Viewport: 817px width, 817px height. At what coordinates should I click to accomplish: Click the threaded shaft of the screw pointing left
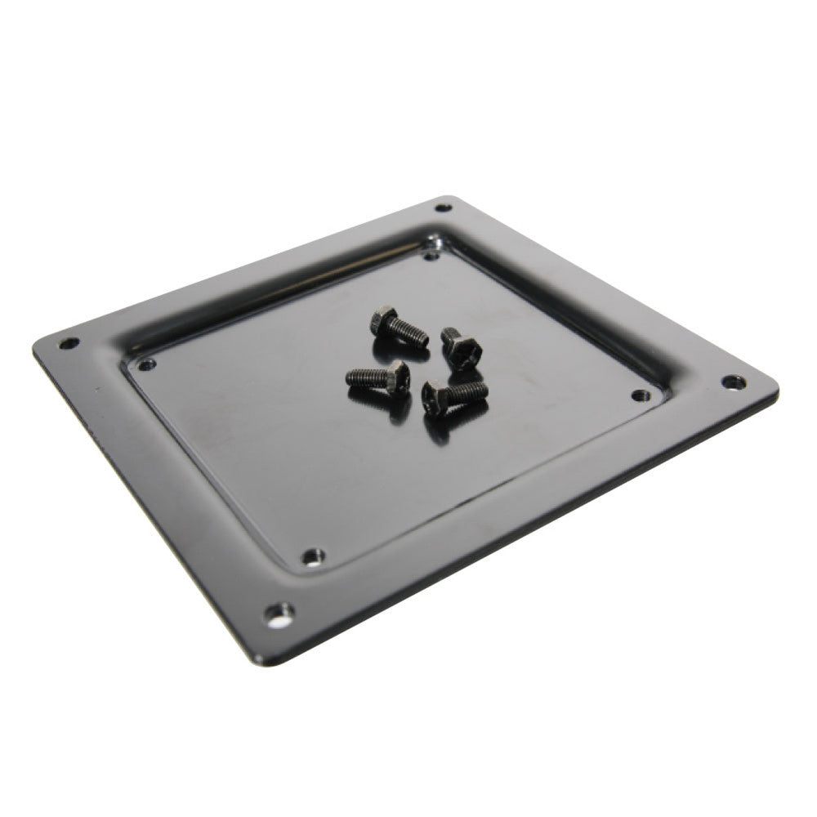[x=365, y=377]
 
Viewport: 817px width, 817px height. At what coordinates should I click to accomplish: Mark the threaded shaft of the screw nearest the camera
[x=470, y=391]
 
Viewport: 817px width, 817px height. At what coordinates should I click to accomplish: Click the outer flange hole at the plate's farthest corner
[x=444, y=208]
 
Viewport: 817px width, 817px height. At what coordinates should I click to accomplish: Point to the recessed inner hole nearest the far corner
[x=432, y=255]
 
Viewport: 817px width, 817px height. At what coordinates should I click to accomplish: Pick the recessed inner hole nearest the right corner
[x=639, y=395]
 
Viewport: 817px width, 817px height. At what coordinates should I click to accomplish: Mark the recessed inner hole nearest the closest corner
[x=311, y=558]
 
